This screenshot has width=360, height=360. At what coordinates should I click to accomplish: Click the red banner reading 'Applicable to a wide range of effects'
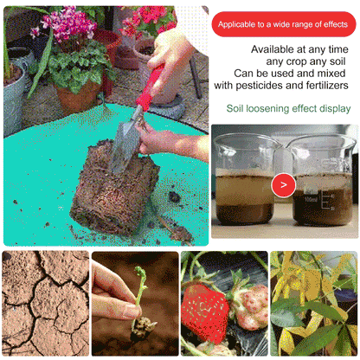click(285, 25)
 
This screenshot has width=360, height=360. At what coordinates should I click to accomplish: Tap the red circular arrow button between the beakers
click(283, 184)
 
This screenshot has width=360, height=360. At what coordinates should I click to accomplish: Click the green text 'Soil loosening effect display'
click(289, 109)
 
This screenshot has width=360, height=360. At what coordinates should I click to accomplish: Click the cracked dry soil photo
click(44, 303)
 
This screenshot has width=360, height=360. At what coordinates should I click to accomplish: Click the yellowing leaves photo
click(313, 303)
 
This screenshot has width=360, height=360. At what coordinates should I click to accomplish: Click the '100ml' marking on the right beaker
click(309, 198)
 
